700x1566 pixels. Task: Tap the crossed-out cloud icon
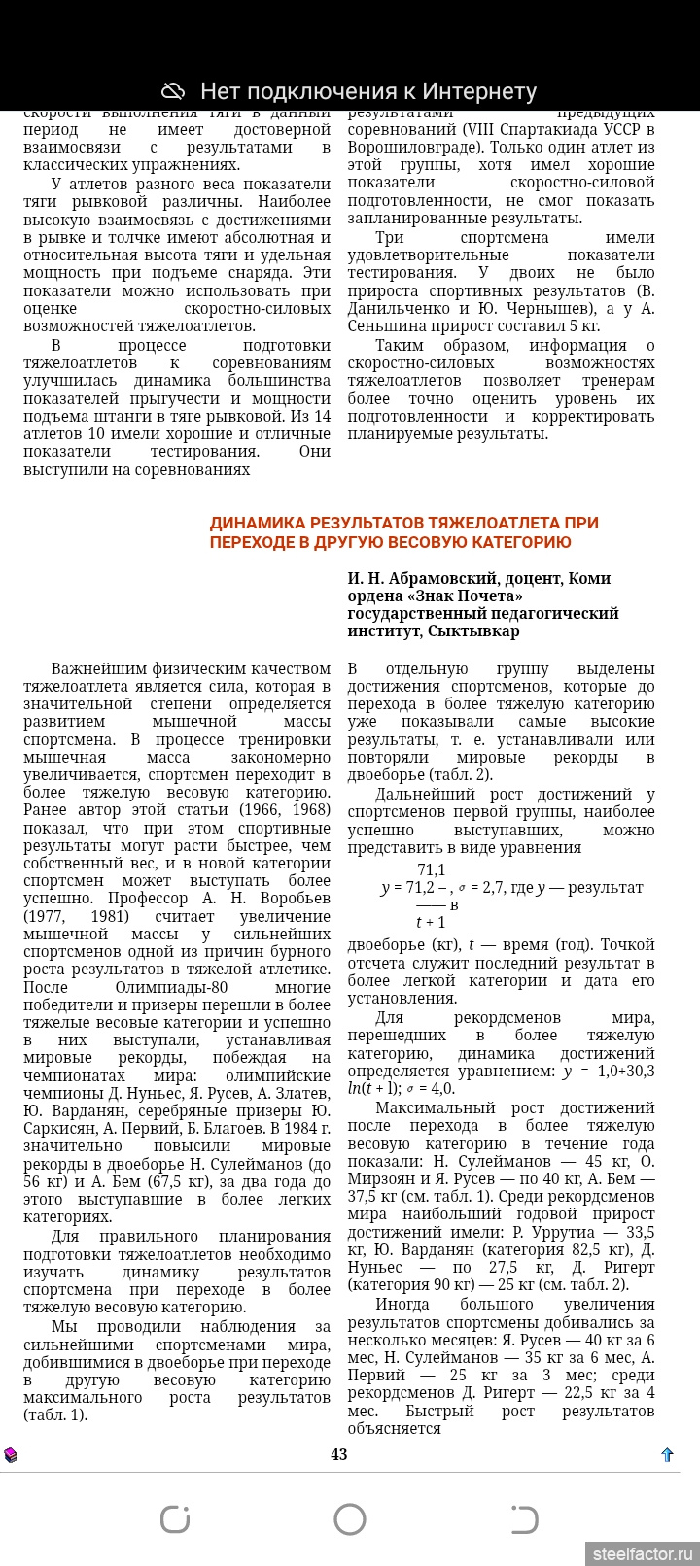tap(173, 91)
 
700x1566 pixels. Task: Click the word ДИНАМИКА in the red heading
tap(257, 523)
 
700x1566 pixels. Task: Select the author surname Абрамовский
tap(443, 578)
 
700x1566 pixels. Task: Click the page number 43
tap(338, 1454)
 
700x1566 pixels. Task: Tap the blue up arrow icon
tap(667, 1454)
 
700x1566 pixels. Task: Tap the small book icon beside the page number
tap(11, 1454)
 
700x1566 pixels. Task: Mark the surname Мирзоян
tap(380, 1178)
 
